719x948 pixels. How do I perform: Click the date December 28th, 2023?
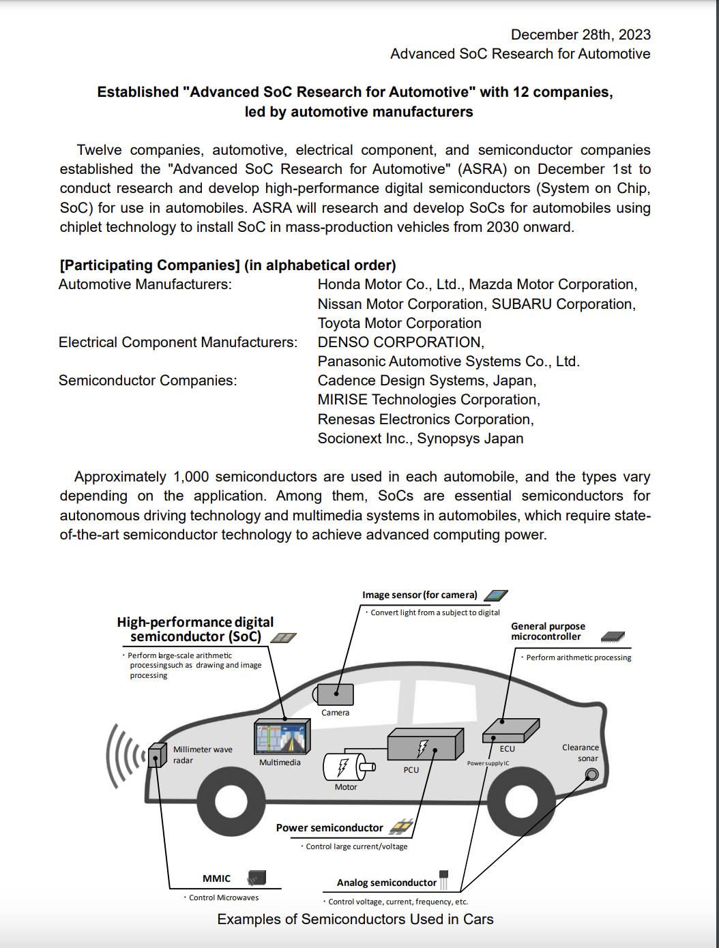(581, 35)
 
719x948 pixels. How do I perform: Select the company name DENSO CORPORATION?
(400, 342)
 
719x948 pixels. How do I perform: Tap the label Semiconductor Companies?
(148, 381)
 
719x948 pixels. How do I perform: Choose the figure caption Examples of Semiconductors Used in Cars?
(355, 919)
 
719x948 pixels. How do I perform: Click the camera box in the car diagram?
(336, 695)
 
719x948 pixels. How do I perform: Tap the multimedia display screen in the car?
(281, 738)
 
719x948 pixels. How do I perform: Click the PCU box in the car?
(423, 746)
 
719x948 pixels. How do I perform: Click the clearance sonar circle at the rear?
(592, 774)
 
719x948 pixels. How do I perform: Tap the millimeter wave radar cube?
(157, 755)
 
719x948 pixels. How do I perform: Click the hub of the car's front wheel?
(231, 802)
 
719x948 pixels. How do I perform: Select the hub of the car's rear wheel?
(521, 802)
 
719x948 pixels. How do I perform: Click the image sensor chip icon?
(495, 595)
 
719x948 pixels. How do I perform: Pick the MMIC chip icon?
(257, 877)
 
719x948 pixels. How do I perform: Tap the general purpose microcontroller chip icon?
(613, 636)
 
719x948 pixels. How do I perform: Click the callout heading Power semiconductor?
(329, 828)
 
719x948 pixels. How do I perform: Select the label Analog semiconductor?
(386, 883)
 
